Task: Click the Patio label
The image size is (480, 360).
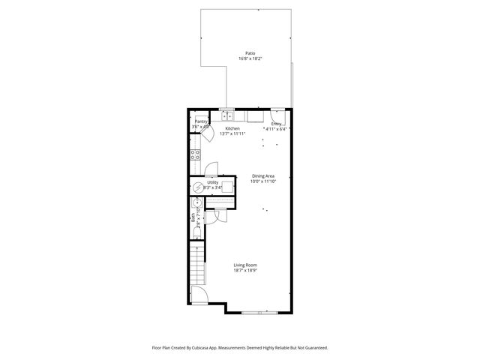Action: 250,53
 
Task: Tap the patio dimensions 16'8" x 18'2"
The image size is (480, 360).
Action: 250,59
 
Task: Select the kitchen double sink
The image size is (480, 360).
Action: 227,115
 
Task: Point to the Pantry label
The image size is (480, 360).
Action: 201,121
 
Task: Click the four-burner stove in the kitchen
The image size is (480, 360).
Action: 195,155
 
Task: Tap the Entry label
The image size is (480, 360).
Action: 276,124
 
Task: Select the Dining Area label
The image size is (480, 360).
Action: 262,175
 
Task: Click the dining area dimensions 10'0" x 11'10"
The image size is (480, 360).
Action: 262,181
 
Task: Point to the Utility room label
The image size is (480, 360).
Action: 213,182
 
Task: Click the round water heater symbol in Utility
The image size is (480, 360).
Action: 199,187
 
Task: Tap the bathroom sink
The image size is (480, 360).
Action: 196,203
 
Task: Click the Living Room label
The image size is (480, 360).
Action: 245,265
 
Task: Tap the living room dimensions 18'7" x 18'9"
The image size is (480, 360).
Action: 245,271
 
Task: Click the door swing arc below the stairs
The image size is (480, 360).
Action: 199,295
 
